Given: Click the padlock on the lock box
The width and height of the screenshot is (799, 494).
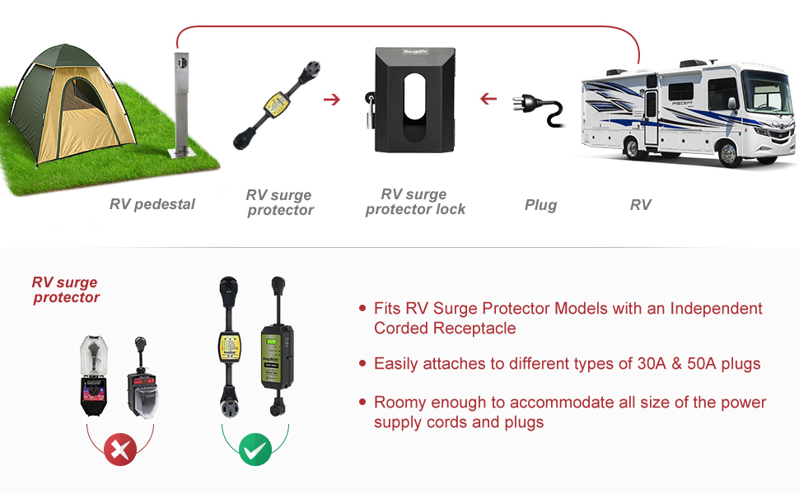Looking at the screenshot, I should coord(371,108).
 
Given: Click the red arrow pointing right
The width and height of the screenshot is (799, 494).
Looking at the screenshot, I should coord(332,100).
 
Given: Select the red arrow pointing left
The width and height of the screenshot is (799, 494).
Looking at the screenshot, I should coord(488,100).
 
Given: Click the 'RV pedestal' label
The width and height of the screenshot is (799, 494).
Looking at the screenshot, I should coord(152,204).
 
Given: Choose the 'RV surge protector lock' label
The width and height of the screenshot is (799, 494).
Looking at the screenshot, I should coord(415,202).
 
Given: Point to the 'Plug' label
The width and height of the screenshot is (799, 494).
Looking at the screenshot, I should coord(540,205).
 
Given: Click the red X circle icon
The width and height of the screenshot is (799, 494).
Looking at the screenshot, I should coord(120,450).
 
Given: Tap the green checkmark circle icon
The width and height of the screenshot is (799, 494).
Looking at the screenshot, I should coord(255,450).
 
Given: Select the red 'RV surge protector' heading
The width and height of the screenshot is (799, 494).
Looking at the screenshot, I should coord(66,290).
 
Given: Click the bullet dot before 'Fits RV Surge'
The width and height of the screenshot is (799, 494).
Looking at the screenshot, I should coord(362,309).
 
